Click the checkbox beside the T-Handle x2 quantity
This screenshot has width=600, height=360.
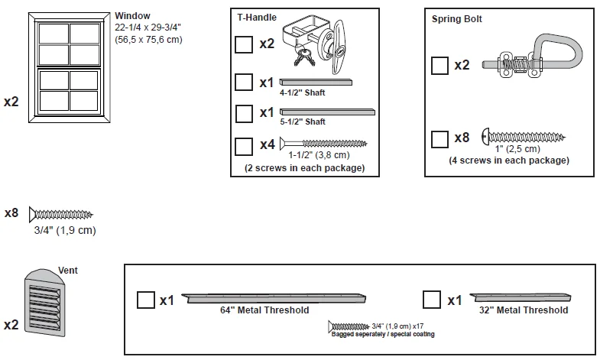pos(244,44)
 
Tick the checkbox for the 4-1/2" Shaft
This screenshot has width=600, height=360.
pos(244,81)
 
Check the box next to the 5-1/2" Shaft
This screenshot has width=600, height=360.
pos(244,113)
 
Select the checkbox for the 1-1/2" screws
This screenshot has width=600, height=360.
pos(244,145)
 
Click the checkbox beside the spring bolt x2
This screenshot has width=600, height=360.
pos(439,65)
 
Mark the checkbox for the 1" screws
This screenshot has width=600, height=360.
pos(439,138)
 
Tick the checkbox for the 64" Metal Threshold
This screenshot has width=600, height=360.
pos(145,300)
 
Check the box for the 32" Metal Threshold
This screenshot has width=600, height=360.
pos(431,300)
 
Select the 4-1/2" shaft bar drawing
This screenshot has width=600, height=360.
pos(316,80)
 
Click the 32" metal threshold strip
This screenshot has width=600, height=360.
pos(520,297)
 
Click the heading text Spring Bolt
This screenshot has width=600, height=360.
pos(457,18)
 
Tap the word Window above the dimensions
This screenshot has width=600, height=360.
pos(132,15)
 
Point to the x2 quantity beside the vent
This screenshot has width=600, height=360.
pos(11,325)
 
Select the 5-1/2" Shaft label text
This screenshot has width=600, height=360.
pos(303,122)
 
